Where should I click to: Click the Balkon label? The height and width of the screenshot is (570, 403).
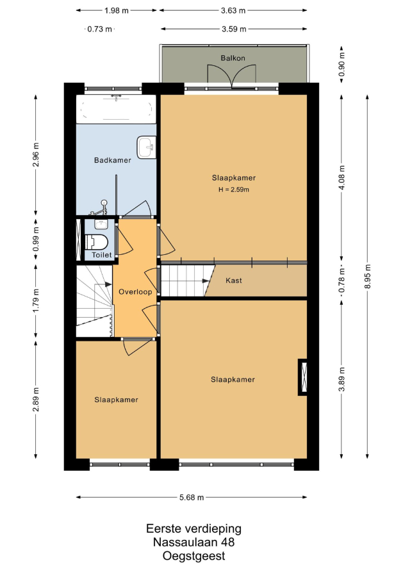[x=233, y=58]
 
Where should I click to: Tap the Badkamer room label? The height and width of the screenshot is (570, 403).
[x=112, y=160]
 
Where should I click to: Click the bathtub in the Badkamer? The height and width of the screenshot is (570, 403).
[x=116, y=109]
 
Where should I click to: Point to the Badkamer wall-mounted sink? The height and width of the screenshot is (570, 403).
[x=147, y=147]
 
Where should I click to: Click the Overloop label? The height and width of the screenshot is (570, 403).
[x=135, y=292]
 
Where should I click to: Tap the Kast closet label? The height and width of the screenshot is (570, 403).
[x=233, y=281]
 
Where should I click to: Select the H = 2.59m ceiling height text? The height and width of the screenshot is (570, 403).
[x=233, y=190]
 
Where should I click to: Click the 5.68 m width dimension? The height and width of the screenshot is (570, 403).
[x=192, y=497]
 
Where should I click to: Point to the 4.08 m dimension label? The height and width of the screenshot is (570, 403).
[x=341, y=178]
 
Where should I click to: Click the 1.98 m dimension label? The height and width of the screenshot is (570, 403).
[x=117, y=10]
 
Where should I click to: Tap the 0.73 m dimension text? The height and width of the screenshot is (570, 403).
[x=100, y=29]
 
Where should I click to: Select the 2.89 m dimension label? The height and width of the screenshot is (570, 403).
[x=36, y=400]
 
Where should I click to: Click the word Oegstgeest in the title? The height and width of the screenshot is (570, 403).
[x=194, y=556]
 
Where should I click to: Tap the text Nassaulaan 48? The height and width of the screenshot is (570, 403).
[x=194, y=542]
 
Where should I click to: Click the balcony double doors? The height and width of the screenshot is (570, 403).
[x=232, y=76]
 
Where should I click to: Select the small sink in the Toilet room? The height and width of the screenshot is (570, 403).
[x=101, y=224]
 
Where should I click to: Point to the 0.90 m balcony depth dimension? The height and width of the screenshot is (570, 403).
[x=341, y=65]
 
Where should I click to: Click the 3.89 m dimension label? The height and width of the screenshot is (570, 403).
[x=341, y=380]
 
